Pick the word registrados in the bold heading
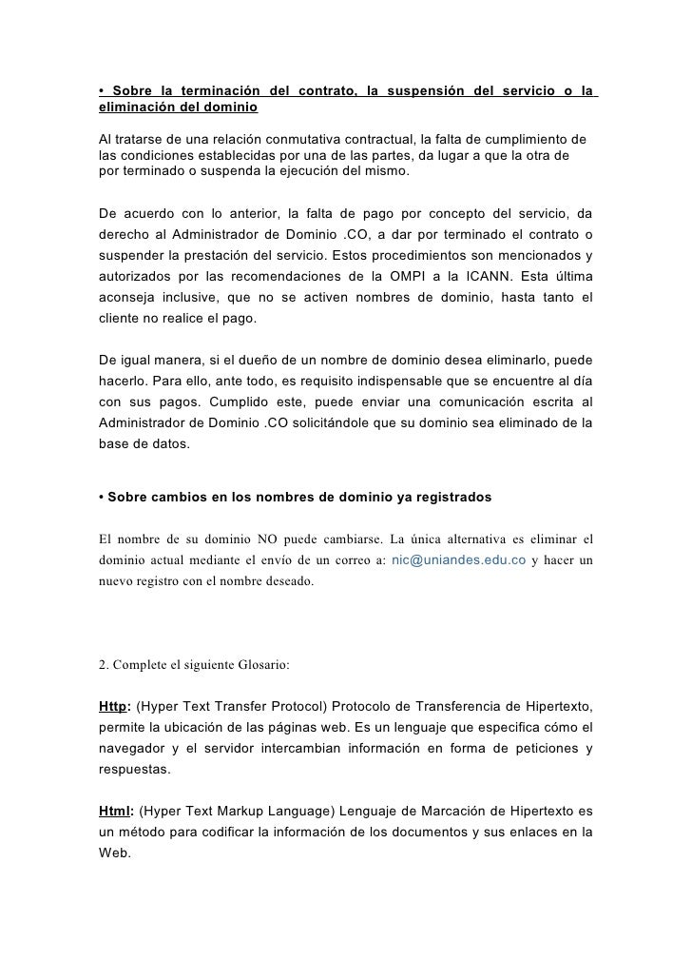445,498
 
